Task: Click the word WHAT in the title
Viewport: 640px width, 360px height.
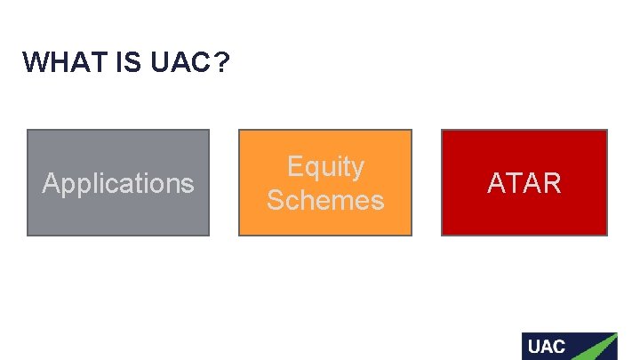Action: (x=57, y=62)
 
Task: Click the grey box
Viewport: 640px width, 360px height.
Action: (x=118, y=213)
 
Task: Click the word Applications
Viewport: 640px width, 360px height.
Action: (x=118, y=183)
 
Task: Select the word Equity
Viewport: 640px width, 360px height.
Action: (x=325, y=167)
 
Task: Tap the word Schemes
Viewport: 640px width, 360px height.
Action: (x=325, y=200)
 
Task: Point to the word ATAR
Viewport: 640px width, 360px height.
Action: (x=524, y=183)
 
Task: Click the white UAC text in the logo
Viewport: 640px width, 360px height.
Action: (x=546, y=347)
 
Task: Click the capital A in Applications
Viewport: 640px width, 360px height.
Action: (x=51, y=183)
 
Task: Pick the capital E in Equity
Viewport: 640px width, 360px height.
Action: (x=294, y=167)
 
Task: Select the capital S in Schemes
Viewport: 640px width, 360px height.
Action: (x=276, y=200)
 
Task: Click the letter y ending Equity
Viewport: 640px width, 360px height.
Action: (x=357, y=169)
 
